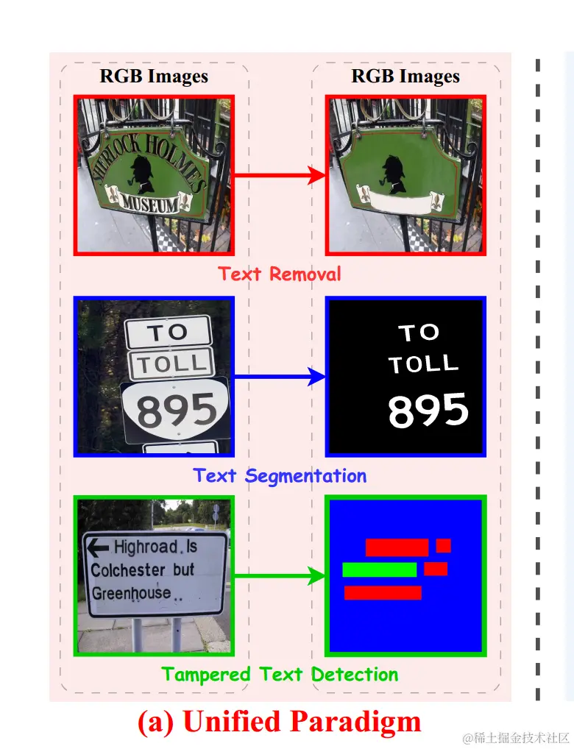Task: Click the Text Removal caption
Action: pyautogui.click(x=280, y=274)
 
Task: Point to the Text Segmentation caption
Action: pyautogui.click(x=280, y=475)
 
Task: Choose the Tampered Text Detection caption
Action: pyautogui.click(x=280, y=674)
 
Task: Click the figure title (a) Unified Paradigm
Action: pyautogui.click(x=280, y=721)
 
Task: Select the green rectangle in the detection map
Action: pyautogui.click(x=379, y=569)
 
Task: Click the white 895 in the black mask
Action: pyautogui.click(x=428, y=410)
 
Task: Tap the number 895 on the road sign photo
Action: pyautogui.click(x=177, y=411)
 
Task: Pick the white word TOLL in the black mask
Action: pyautogui.click(x=423, y=363)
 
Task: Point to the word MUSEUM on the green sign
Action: pyautogui.click(x=150, y=202)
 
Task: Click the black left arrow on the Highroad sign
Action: pyautogui.click(x=98, y=547)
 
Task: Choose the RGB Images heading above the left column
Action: pyautogui.click(x=154, y=77)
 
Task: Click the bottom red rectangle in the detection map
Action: pyautogui.click(x=383, y=592)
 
